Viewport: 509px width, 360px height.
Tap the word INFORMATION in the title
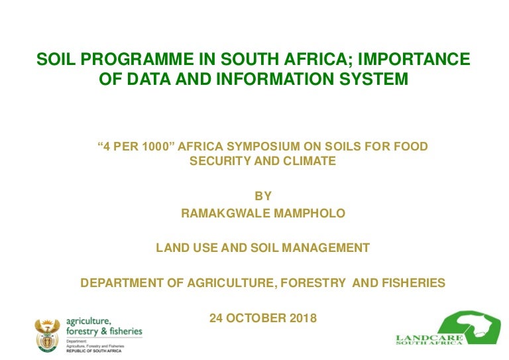[275, 79]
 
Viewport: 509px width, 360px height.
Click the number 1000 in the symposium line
[156, 147]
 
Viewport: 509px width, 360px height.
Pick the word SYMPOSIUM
[263, 147]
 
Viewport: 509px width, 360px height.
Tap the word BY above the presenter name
[263, 196]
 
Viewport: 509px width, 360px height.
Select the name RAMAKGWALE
[225, 213]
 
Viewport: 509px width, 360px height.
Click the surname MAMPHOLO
[310, 213]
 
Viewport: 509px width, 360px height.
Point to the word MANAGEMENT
[326, 248]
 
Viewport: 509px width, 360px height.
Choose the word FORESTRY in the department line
[313, 283]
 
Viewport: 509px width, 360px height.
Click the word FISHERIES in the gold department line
[414, 283]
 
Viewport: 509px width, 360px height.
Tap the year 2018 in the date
[303, 318]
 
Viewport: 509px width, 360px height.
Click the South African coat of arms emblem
[48, 335]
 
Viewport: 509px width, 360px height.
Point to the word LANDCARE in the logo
[429, 338]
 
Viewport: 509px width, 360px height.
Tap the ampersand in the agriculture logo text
[104, 331]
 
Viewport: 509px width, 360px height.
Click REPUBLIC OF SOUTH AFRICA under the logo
[94, 351]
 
